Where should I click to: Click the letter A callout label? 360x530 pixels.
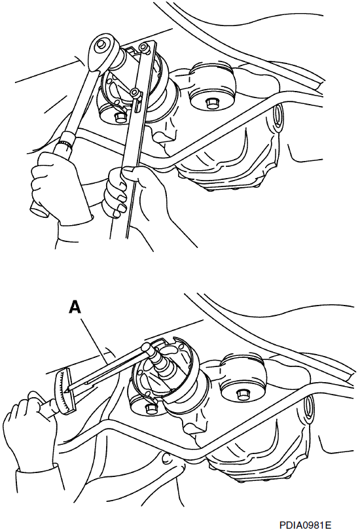(75, 307)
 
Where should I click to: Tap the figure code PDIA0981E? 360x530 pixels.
(304, 524)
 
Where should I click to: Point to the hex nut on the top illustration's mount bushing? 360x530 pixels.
(211, 103)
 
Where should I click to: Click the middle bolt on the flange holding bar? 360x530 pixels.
(135, 93)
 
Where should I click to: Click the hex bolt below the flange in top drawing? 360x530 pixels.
(120, 117)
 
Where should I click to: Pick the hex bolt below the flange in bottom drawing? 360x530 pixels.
(151, 409)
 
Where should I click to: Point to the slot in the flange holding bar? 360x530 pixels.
(137, 105)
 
